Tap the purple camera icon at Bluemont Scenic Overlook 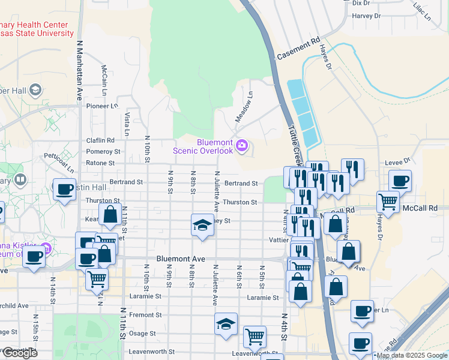click(x=242, y=145)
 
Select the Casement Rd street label click(x=298, y=49)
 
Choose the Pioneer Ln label click(x=102, y=106)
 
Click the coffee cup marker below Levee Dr click(x=400, y=181)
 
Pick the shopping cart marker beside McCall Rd click(x=388, y=202)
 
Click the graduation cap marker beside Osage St click(x=226, y=324)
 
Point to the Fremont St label click(x=142, y=314)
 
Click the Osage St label click(x=144, y=333)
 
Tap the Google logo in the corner click(x=20, y=353)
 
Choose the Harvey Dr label click(x=365, y=16)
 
